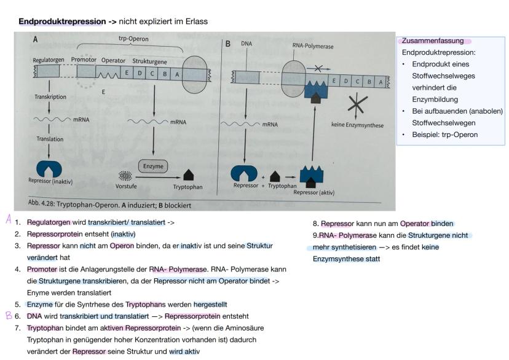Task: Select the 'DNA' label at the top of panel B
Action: pos(247,44)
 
